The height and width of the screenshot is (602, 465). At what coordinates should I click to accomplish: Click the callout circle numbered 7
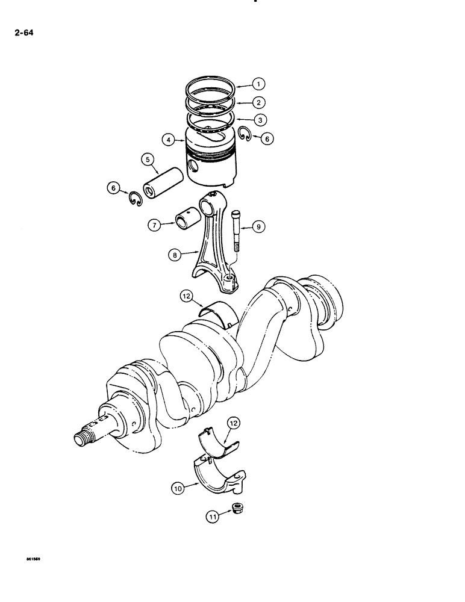[x=154, y=225]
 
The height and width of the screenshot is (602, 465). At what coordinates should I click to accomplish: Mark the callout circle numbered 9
[x=258, y=227]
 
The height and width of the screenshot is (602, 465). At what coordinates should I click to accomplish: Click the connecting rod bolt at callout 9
[x=237, y=229]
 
